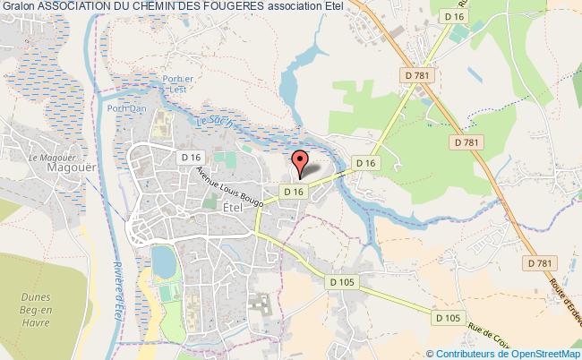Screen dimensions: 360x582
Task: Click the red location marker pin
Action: pos(301,162)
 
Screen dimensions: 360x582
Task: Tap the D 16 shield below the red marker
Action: pos(295,192)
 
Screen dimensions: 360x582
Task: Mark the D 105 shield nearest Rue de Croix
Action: pos(448,317)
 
